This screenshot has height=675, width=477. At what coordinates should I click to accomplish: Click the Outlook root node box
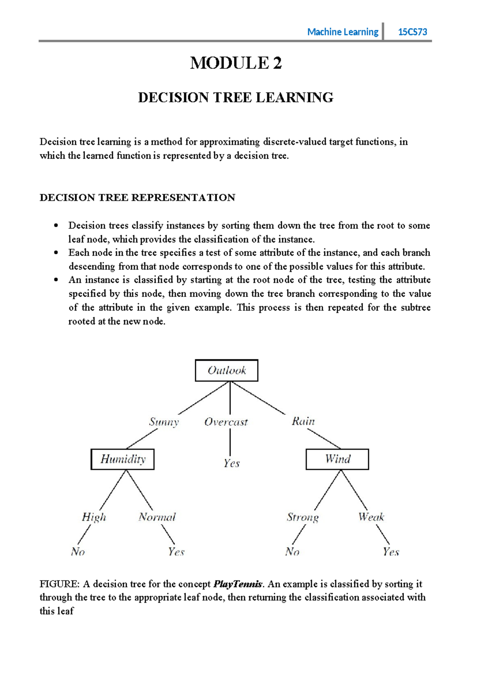[227, 371]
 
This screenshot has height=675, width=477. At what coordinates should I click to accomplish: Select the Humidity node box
[122, 459]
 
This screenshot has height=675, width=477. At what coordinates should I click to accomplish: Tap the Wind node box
[337, 459]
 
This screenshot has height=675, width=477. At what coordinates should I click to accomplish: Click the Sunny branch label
[164, 422]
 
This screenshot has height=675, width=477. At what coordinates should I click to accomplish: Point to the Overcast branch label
[226, 422]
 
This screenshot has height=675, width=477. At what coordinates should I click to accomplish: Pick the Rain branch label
[303, 421]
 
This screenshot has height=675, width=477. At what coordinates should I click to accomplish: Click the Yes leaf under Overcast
[231, 463]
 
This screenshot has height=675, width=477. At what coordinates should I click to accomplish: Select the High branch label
[94, 517]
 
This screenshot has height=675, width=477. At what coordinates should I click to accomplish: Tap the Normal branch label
[157, 517]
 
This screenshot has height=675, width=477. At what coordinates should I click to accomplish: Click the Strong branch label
[302, 517]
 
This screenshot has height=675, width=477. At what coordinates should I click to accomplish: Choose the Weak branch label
[371, 517]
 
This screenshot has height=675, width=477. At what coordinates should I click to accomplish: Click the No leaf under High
[78, 552]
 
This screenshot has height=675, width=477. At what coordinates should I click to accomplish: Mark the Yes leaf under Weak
[391, 552]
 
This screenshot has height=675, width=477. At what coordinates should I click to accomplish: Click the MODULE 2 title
[236, 63]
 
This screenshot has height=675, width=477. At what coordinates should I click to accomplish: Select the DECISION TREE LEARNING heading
[236, 98]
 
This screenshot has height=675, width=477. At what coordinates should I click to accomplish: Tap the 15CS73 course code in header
[413, 32]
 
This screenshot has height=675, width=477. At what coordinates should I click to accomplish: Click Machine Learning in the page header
[343, 32]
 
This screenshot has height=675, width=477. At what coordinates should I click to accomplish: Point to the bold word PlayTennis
[238, 584]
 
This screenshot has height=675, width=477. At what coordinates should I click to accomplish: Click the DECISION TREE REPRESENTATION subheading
[137, 198]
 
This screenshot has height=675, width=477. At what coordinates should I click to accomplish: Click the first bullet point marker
[56, 226]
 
